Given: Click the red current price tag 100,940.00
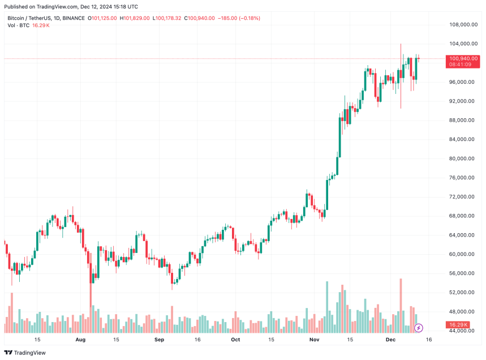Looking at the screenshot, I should tap(463, 58).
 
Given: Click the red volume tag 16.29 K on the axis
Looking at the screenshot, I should tap(458, 325).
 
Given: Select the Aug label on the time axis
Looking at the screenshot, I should tap(80, 340).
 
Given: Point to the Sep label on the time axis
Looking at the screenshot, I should tap(159, 340).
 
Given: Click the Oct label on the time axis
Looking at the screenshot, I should tap(235, 340).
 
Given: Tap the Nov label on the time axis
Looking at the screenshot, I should tap(315, 340).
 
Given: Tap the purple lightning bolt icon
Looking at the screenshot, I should tap(419, 328).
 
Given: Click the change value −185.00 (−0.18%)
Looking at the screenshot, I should tap(239, 18).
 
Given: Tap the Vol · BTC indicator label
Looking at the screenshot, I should tap(18, 26).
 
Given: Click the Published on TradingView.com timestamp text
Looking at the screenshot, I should tap(72, 7).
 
